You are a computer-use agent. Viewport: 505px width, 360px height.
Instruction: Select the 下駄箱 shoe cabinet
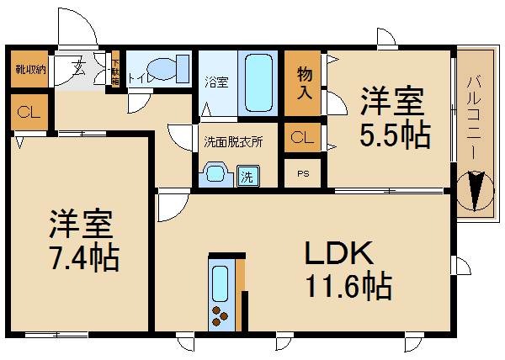(115, 69)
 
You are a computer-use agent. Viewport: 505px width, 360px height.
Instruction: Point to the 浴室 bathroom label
(216, 82)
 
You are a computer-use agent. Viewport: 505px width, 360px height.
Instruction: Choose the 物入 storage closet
(305, 82)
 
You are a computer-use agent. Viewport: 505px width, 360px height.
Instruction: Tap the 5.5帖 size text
(394, 134)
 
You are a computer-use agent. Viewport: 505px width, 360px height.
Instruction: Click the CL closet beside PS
(303, 137)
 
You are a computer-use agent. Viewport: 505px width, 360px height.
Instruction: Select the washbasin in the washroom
(215, 175)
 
